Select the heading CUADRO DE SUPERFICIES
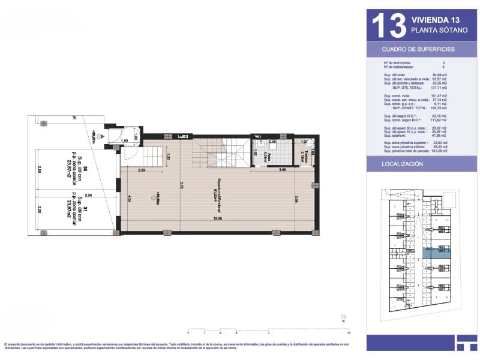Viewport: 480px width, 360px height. tap(419, 49)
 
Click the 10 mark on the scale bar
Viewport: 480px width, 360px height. tap(349, 332)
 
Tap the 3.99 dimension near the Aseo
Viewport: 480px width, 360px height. tap(282, 172)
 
